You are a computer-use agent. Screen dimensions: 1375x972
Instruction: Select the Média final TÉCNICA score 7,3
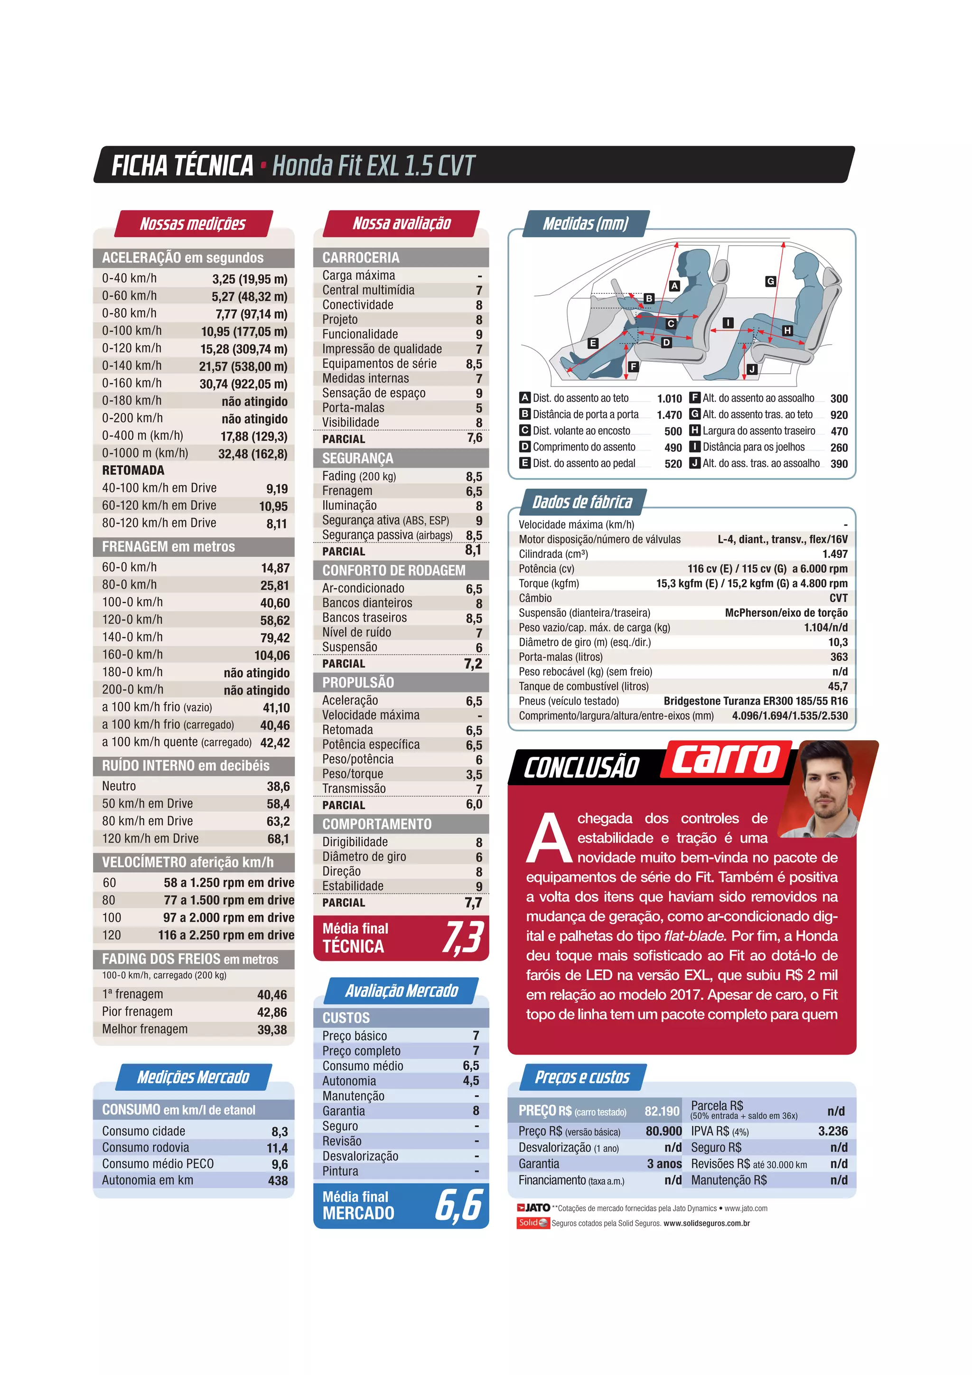pyautogui.click(x=463, y=937)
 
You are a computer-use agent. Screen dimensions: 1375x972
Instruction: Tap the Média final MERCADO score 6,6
pyautogui.click(x=458, y=1205)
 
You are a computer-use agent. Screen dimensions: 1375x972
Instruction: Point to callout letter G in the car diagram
pyautogui.click(x=770, y=281)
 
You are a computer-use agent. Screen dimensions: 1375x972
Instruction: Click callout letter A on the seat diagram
pyautogui.click(x=674, y=286)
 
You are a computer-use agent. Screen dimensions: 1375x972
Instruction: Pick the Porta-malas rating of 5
pyautogui.click(x=479, y=408)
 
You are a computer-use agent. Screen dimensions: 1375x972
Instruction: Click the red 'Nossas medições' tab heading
pyautogui.click(x=193, y=224)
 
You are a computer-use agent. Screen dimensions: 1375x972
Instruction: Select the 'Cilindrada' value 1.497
pyautogui.click(x=834, y=554)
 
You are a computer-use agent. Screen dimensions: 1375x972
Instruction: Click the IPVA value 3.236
pyautogui.click(x=832, y=1131)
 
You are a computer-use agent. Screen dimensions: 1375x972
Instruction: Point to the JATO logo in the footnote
pyautogui.click(x=533, y=1208)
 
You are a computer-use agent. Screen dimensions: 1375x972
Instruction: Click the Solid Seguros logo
pyautogui.click(x=533, y=1223)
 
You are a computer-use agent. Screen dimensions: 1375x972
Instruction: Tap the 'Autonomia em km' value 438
pyautogui.click(x=278, y=1181)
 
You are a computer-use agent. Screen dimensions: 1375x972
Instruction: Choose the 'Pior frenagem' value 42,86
pyautogui.click(x=272, y=1013)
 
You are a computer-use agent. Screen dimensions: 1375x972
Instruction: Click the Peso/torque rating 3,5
pyautogui.click(x=474, y=774)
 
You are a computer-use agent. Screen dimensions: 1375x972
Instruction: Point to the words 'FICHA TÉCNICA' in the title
pyautogui.click(x=183, y=166)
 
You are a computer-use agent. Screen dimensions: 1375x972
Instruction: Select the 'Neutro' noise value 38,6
pyautogui.click(x=278, y=787)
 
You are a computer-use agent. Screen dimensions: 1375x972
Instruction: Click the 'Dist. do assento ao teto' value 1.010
pyautogui.click(x=669, y=399)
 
